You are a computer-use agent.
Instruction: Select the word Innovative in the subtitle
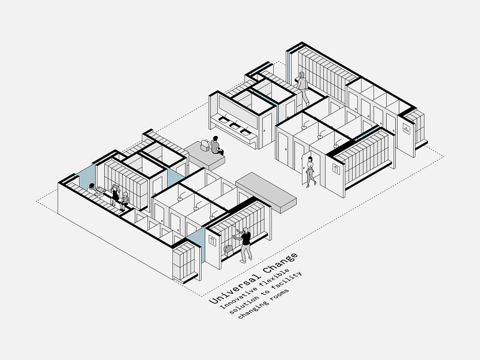point(239,297)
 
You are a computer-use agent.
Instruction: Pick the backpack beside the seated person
point(204,145)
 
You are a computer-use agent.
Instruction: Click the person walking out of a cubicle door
point(310,171)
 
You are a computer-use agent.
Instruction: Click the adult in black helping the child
point(116,194)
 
